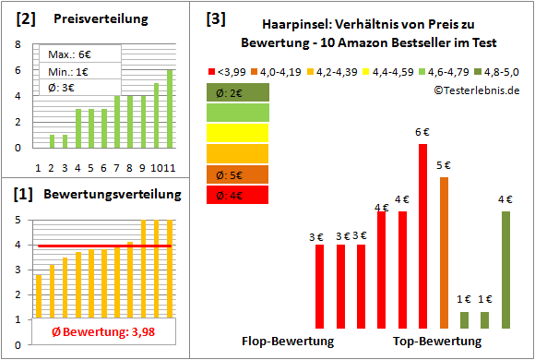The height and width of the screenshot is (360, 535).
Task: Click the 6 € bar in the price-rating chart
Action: click(x=423, y=235)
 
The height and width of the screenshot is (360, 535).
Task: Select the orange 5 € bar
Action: click(x=444, y=252)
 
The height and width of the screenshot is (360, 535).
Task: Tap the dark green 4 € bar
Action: click(x=505, y=270)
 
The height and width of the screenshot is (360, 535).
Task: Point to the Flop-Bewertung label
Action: click(x=287, y=341)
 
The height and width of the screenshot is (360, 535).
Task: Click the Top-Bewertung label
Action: click(x=437, y=341)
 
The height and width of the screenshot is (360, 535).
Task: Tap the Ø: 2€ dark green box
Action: click(x=237, y=91)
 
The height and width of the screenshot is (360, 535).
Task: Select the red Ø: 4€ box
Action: click(x=237, y=195)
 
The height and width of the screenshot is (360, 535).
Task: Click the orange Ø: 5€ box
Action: click(x=237, y=174)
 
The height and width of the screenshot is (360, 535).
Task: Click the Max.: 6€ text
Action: click(x=70, y=54)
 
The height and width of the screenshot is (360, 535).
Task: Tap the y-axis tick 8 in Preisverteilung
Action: click(x=19, y=44)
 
